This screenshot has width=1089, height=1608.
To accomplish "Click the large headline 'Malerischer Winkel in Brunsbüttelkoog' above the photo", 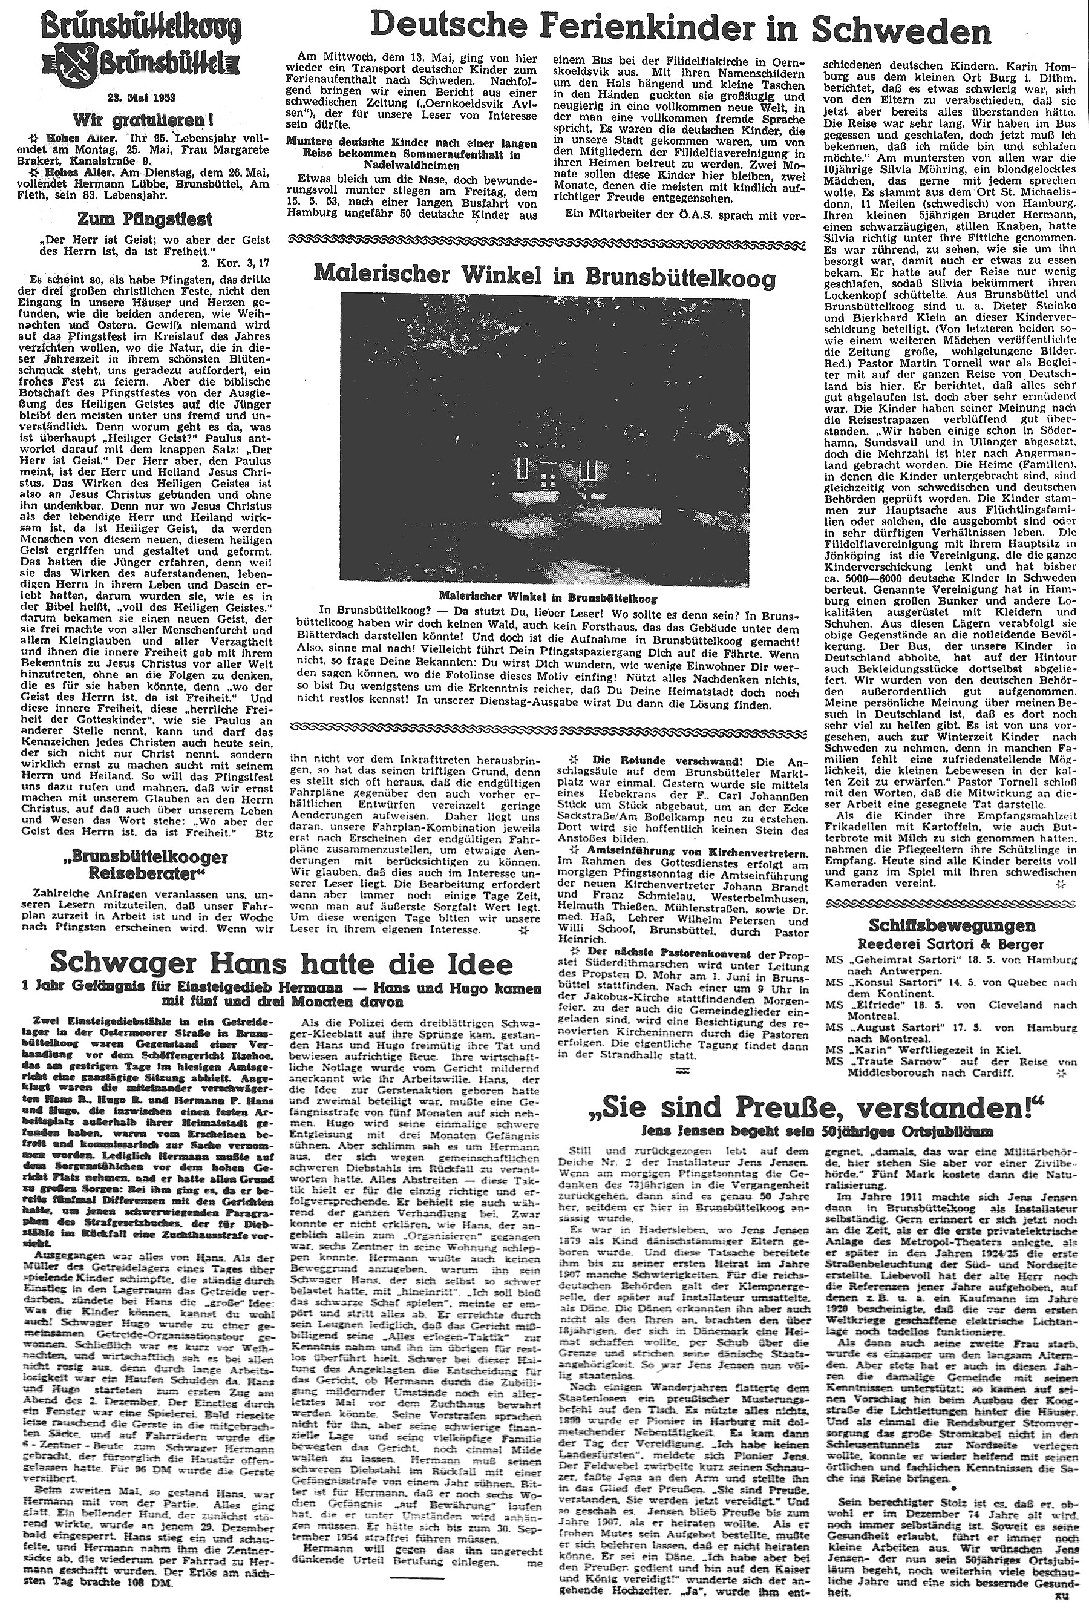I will [x=544, y=276].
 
